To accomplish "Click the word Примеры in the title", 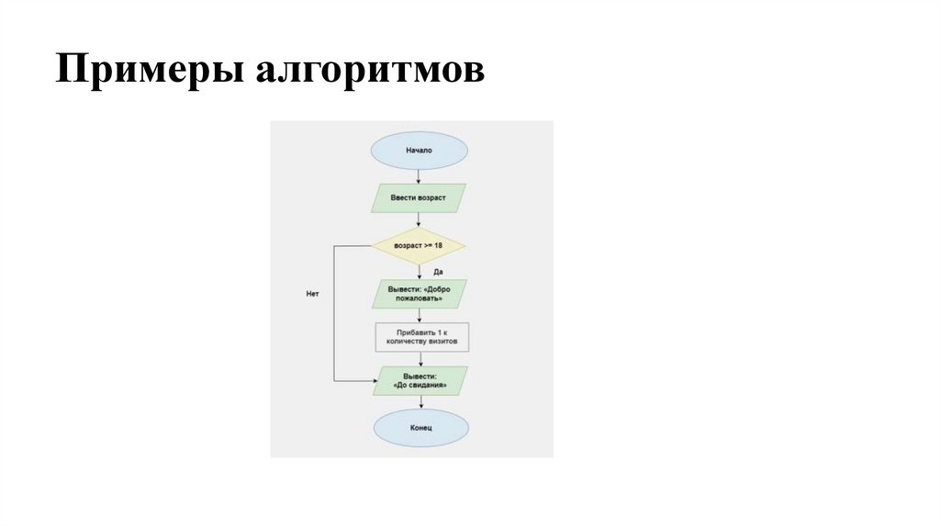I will tap(138, 71).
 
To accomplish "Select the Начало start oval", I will tap(419, 150).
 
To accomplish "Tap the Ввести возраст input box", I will tap(419, 197).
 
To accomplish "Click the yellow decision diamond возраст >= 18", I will tap(419, 246).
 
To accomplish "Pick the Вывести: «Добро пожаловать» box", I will tap(419, 294).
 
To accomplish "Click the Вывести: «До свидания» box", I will tap(419, 380).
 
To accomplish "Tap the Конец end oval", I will tap(419, 428).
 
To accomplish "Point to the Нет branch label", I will tap(312, 293).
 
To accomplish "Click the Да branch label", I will tap(439, 272).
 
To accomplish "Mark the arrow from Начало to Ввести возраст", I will tap(419, 176).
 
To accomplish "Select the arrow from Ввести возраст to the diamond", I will tap(419, 220).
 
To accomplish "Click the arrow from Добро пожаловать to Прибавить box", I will tap(419, 315).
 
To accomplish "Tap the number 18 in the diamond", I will tap(438, 246).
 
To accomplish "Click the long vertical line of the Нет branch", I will tap(332, 312).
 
